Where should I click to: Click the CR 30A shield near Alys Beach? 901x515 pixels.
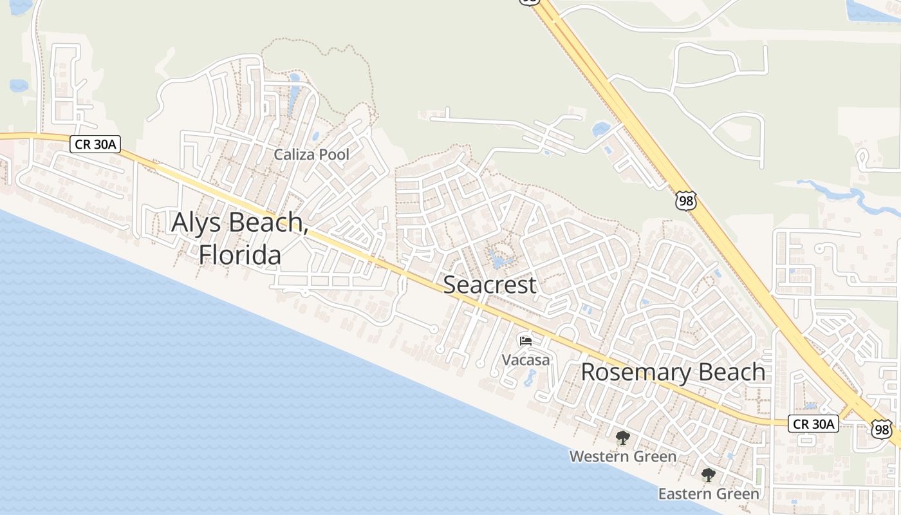point(95,144)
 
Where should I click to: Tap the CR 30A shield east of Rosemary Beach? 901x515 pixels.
point(813,424)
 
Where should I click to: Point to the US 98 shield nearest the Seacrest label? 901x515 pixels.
point(686,200)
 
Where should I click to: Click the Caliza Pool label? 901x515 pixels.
point(311,154)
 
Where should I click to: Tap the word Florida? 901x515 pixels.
point(239,255)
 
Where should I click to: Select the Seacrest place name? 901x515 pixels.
point(490,285)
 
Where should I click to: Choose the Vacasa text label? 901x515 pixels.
point(526,359)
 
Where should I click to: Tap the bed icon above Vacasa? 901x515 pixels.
point(526,341)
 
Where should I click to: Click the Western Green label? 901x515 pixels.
point(622,456)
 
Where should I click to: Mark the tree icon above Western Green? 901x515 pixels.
point(622,438)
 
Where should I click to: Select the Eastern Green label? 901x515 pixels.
point(708,494)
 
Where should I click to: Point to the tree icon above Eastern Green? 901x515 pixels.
point(708,476)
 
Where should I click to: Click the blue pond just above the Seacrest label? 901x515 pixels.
point(498,261)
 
